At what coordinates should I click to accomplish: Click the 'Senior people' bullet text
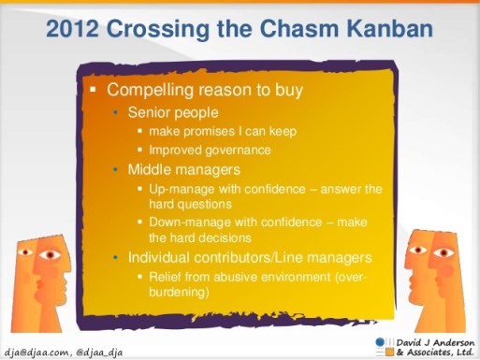coord(172,112)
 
